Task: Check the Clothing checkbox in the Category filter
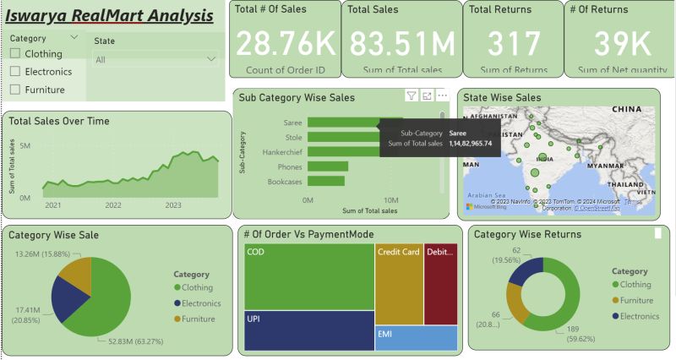click(x=15, y=53)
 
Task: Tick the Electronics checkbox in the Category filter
click(x=15, y=72)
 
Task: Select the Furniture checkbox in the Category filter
click(x=15, y=90)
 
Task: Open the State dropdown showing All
click(x=156, y=60)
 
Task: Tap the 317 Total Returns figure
click(x=513, y=43)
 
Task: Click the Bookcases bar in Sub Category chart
click(x=325, y=181)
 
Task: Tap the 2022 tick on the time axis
click(x=113, y=205)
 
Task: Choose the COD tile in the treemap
click(x=309, y=276)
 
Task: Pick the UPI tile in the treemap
click(x=309, y=330)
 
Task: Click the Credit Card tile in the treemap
click(x=399, y=284)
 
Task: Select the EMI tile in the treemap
click(x=416, y=338)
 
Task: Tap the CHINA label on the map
click(x=627, y=110)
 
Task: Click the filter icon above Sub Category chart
click(x=411, y=96)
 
